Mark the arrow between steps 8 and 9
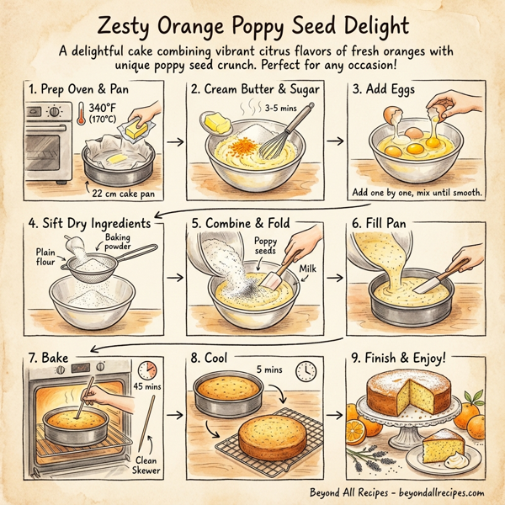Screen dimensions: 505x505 (x=335, y=414)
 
